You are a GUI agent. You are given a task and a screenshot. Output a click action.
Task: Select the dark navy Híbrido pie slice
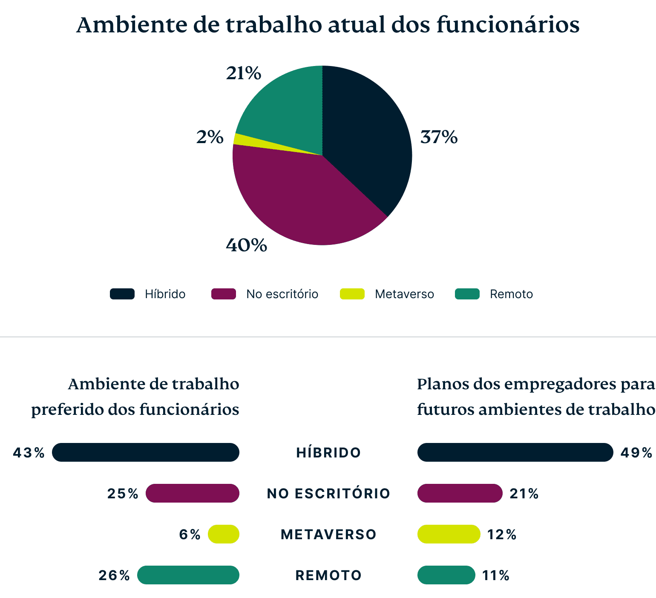[x=366, y=141]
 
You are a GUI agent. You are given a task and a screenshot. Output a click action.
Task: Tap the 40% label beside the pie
[x=246, y=245]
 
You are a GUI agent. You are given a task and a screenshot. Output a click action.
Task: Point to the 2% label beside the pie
[x=210, y=137]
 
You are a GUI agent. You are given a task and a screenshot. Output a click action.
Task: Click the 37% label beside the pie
[x=439, y=137]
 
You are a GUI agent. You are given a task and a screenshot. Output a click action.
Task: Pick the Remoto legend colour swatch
[x=467, y=294]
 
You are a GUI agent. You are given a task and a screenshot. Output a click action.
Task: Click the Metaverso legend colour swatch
[x=352, y=294]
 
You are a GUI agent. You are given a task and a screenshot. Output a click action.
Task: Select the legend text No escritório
[x=282, y=294]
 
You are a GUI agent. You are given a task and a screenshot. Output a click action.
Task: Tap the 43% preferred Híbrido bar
[x=146, y=452]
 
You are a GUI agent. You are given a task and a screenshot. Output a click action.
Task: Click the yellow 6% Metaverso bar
[x=224, y=534]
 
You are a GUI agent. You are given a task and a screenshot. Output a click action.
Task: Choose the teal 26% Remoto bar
[x=188, y=575]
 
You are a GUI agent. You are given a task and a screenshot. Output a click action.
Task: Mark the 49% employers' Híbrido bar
[x=515, y=452]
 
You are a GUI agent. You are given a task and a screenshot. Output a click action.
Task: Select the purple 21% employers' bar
[x=460, y=493]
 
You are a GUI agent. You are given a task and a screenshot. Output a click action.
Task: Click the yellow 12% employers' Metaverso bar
[x=449, y=534]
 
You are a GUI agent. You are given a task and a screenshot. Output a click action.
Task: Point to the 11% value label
[x=495, y=575]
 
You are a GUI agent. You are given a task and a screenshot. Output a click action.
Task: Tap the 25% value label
[x=123, y=494]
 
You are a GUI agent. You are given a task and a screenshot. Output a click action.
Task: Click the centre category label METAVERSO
[x=328, y=535]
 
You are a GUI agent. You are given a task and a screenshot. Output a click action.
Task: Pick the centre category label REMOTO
[x=328, y=575]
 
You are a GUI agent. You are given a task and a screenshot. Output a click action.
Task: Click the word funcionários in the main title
[x=508, y=25]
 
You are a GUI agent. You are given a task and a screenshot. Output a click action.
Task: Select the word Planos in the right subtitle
[x=443, y=385]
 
